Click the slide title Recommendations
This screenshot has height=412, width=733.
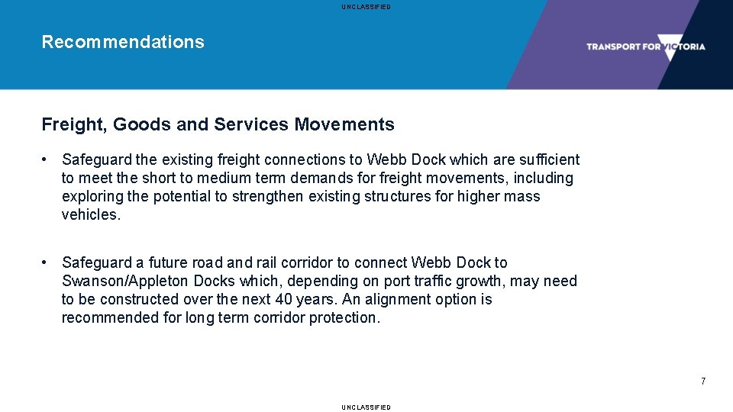123,42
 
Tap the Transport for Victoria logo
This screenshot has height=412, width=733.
645,47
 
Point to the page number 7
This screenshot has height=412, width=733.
703,381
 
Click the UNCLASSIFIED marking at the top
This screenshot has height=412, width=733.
366,7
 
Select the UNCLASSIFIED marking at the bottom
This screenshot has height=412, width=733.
366,407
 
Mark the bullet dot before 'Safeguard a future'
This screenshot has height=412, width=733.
47,262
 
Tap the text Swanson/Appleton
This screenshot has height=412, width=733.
125,281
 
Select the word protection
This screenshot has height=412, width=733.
344,317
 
